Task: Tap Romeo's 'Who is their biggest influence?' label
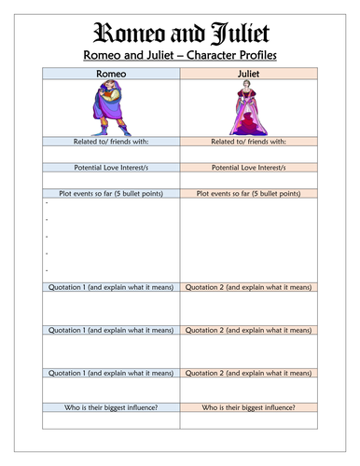(108, 408)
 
